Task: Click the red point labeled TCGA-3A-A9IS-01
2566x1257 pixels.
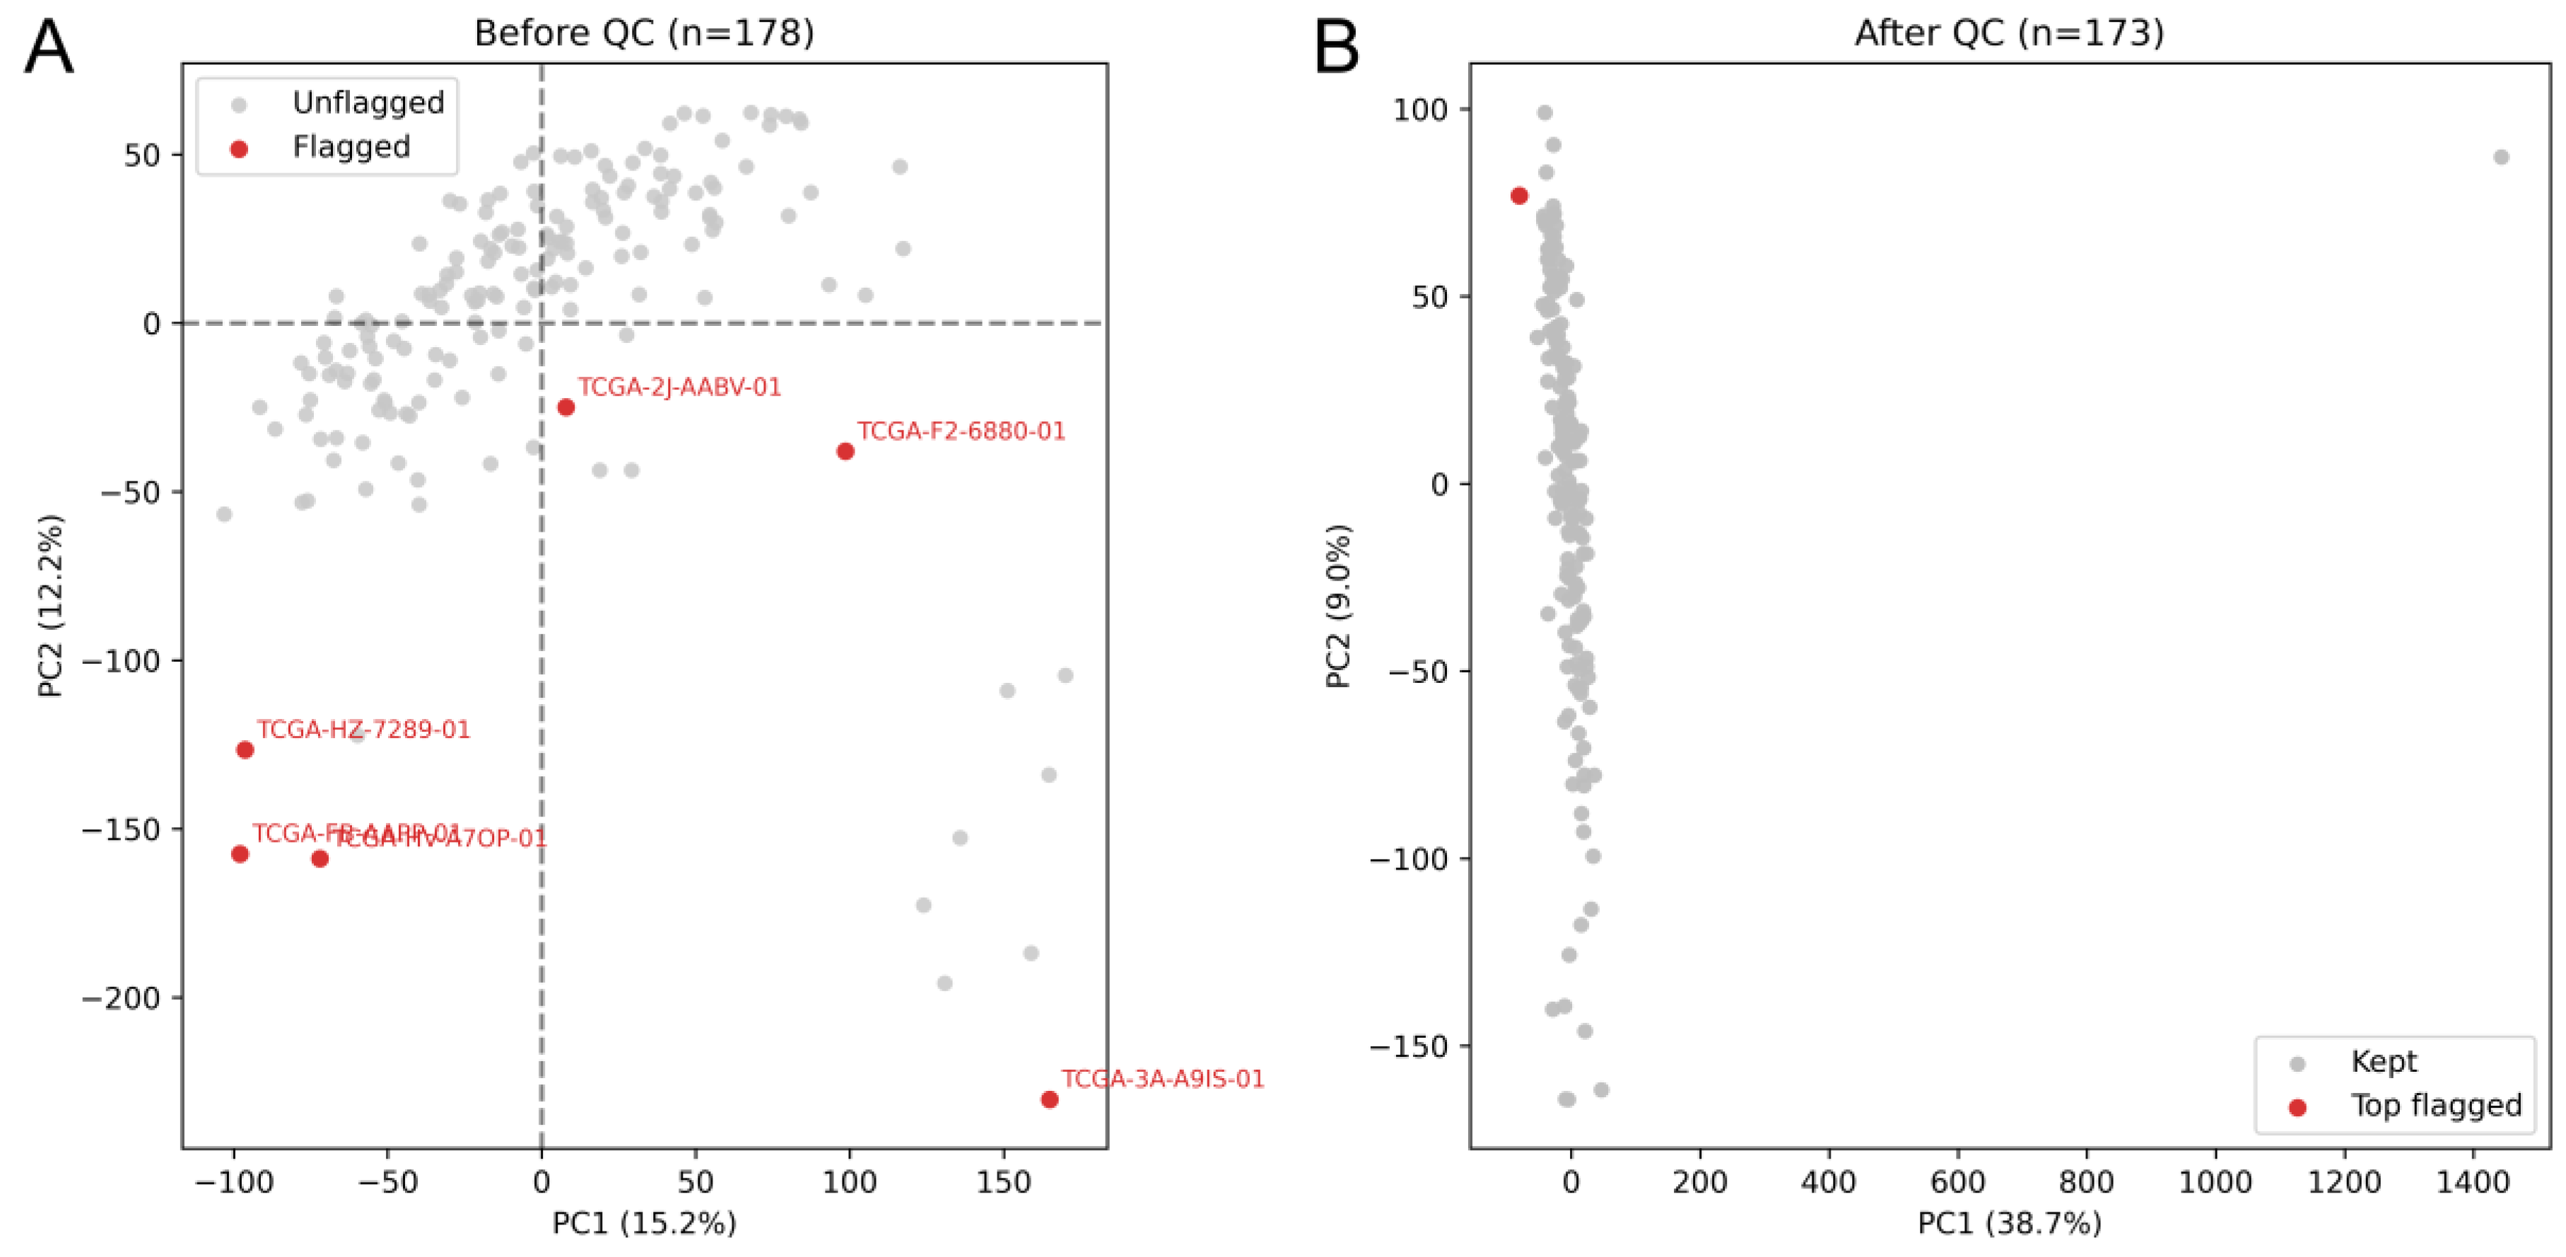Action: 1049,1099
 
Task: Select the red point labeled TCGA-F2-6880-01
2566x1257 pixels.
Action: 845,451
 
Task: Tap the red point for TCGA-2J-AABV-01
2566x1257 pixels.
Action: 566,407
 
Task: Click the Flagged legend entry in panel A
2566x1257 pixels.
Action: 351,148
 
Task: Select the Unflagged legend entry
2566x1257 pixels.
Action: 368,103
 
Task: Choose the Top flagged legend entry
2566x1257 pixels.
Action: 2435,1106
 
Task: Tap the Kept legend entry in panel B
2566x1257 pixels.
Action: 2383,1062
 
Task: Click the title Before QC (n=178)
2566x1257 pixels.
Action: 643,33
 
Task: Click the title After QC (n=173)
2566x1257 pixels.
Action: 2009,33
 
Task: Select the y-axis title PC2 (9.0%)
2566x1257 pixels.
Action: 1339,606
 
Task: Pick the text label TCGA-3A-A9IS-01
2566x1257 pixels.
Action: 1162,1079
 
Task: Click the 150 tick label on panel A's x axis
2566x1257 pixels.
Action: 1003,1182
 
